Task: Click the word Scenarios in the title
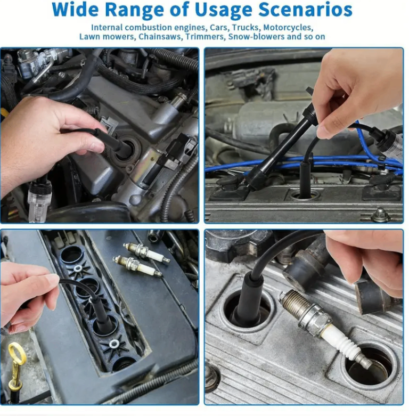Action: coord(305,10)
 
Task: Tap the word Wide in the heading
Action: coord(76,10)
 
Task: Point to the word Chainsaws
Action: coord(160,36)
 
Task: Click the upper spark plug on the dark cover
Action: coord(146,252)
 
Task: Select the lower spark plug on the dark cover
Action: coord(137,266)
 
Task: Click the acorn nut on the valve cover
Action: coord(381,214)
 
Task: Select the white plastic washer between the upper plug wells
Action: coord(78,268)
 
